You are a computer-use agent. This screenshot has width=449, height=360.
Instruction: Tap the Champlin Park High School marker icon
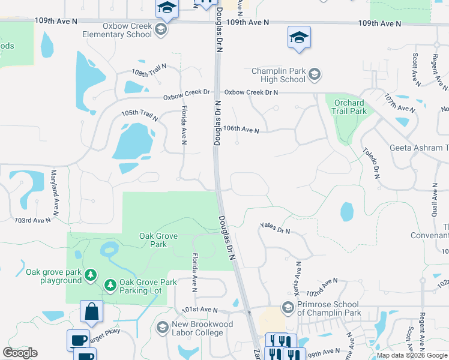click(315, 75)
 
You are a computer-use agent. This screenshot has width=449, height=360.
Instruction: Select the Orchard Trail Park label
click(349, 107)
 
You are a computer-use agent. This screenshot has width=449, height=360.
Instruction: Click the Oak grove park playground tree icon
click(91, 275)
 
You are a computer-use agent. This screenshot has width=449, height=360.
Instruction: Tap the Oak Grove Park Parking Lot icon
click(110, 286)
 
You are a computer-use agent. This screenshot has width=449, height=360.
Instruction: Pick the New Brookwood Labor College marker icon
click(162, 328)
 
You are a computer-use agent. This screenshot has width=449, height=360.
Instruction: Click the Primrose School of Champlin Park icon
click(288, 308)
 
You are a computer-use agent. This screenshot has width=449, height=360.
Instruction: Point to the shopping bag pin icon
click(91, 311)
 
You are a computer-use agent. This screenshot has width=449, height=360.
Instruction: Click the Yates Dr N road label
click(275, 228)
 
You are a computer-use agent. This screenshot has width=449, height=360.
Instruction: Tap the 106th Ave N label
click(241, 130)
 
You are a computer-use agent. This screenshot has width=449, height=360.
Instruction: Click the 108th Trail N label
click(148, 71)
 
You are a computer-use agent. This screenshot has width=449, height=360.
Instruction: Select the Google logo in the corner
click(20, 353)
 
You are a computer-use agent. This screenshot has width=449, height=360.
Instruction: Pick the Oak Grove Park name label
click(158, 240)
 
